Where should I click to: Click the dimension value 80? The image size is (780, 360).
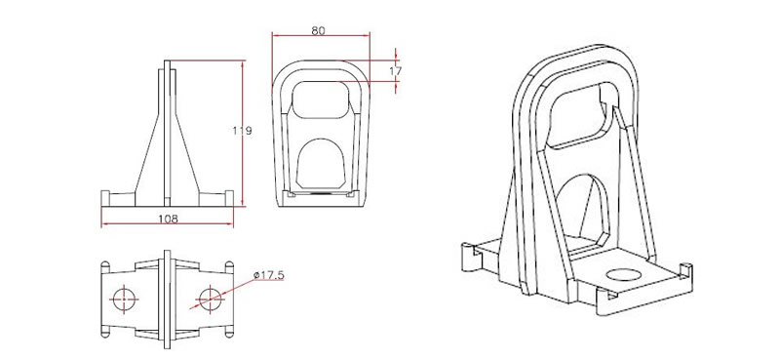point(318,30)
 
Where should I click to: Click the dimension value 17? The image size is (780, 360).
point(395,71)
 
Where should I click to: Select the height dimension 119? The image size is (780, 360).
point(250,132)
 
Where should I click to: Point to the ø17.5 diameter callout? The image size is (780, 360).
point(267,276)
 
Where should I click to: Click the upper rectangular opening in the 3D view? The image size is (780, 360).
point(586,111)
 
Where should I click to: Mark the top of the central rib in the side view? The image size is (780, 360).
point(168,65)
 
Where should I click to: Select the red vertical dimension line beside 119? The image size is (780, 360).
point(241,132)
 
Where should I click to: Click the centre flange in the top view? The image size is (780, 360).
point(168,298)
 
